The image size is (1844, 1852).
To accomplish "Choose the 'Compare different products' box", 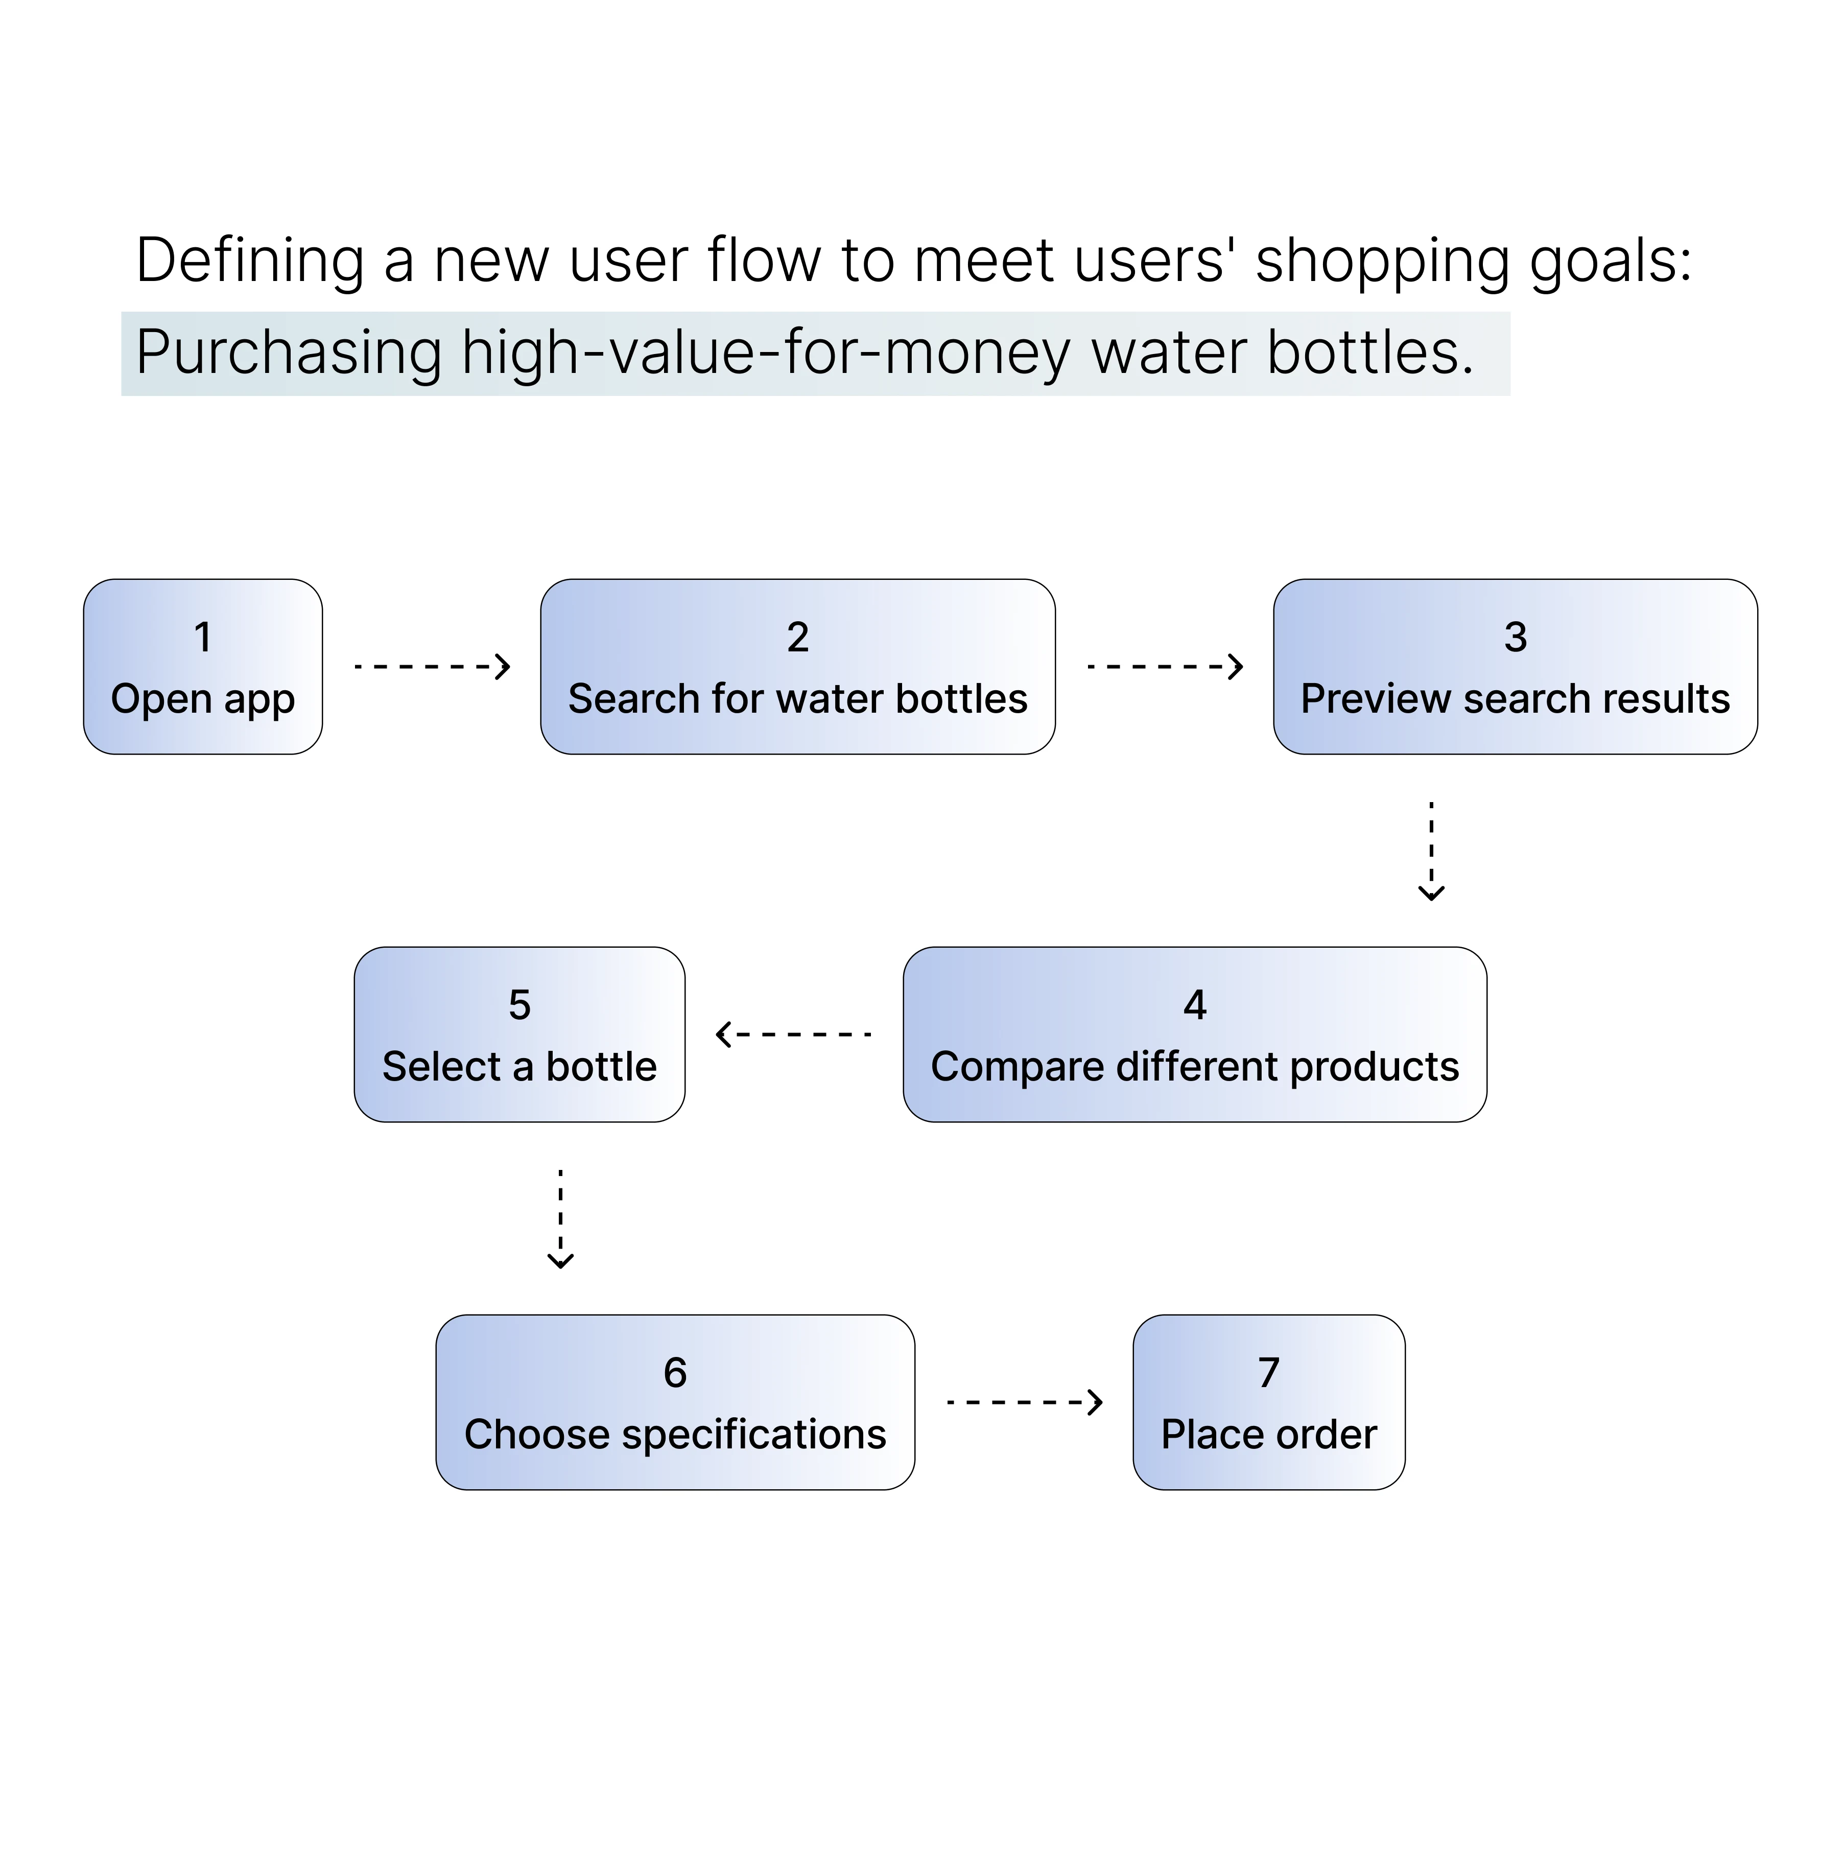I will (x=1194, y=1035).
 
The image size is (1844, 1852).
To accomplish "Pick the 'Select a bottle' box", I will (x=519, y=1035).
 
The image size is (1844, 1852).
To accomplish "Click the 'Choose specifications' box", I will (x=675, y=1402).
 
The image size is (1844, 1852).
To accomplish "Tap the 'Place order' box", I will (x=1268, y=1402).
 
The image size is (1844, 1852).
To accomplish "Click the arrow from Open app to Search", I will (x=431, y=666).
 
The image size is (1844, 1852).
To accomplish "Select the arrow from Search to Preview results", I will (x=1165, y=666).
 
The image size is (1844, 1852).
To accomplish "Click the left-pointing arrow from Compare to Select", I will (x=794, y=1035).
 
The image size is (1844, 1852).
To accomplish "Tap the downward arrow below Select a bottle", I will (x=561, y=1218).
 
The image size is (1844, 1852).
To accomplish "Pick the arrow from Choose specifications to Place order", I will (x=1024, y=1402).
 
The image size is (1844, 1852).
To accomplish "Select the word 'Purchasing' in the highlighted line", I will (x=288, y=353).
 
